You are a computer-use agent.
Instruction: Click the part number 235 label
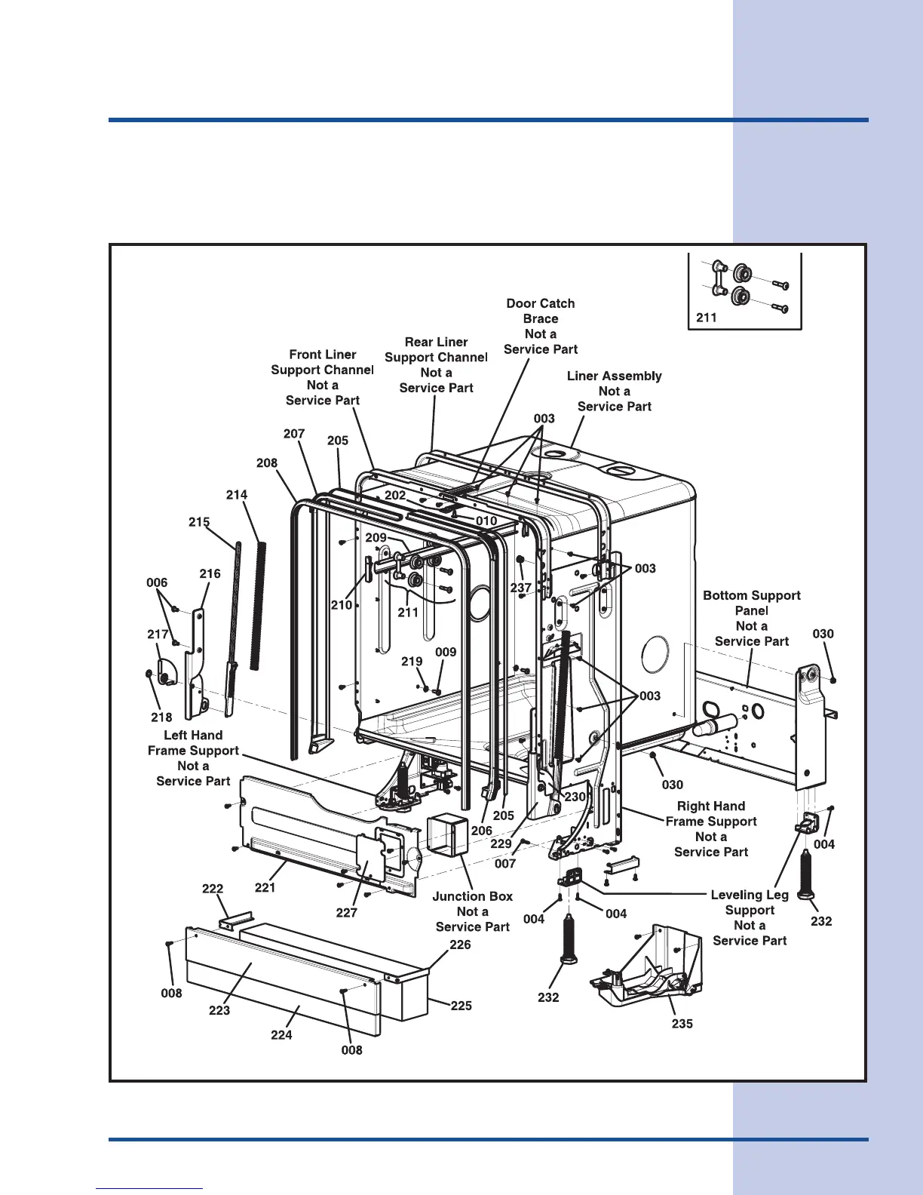pyautogui.click(x=682, y=1024)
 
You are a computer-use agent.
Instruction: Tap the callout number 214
pyautogui.click(x=237, y=495)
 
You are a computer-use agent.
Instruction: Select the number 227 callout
pyautogui.click(x=346, y=913)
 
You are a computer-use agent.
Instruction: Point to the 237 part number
pyautogui.click(x=521, y=588)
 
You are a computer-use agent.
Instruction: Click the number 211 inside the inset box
pyautogui.click(x=707, y=318)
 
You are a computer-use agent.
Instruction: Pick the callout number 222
pyautogui.click(x=213, y=889)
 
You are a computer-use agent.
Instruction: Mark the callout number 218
pyautogui.click(x=161, y=717)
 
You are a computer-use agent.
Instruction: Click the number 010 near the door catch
pyautogui.click(x=486, y=521)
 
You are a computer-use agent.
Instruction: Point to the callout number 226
pyautogui.click(x=460, y=945)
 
